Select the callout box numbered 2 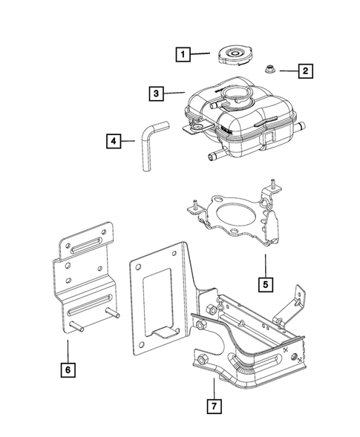click(304, 71)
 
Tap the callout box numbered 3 click(154, 93)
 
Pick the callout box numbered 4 click(113, 139)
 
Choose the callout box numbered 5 click(265, 283)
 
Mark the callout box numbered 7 click(213, 406)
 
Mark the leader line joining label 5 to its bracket click(265, 263)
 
